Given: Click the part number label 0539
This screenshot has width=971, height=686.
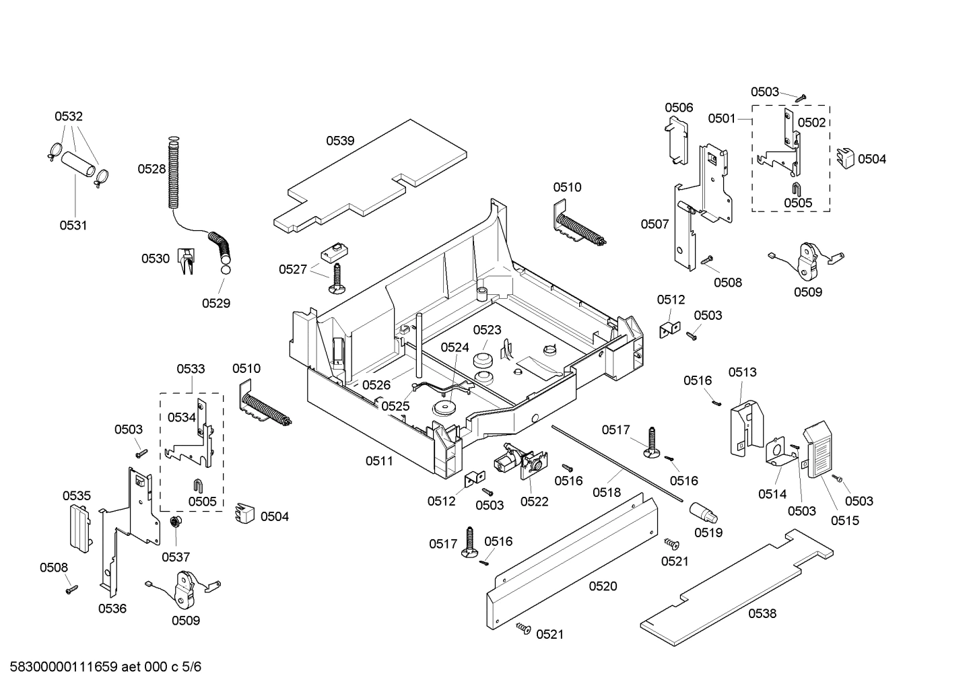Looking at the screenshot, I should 340,141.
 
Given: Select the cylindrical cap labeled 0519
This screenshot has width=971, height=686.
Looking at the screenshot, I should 704,515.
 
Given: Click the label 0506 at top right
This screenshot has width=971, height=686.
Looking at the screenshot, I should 679,108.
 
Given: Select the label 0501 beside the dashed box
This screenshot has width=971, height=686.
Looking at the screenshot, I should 721,118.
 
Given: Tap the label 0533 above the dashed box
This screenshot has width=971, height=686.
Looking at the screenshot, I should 191,369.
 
